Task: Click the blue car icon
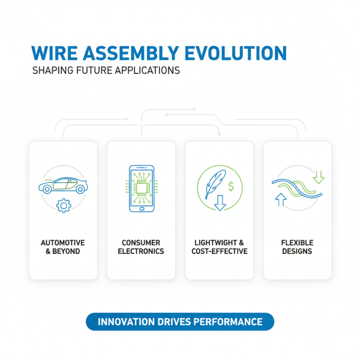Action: [x=63, y=185]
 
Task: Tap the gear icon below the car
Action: [x=63, y=206]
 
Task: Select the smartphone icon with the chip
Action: [x=141, y=189]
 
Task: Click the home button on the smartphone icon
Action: [x=141, y=208]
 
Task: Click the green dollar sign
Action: [x=231, y=184]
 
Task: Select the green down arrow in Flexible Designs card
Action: [x=319, y=176]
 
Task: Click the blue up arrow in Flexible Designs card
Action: [x=281, y=199]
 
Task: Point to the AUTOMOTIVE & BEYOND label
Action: [x=63, y=247]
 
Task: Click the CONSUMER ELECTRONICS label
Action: [x=141, y=247]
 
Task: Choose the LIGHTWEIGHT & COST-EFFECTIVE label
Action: [x=220, y=247]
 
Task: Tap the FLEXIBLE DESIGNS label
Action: [x=297, y=247]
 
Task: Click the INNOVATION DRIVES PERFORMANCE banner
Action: [x=180, y=322]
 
